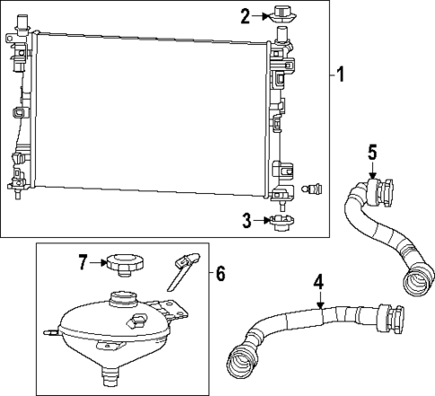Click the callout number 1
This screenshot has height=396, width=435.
click(x=339, y=75)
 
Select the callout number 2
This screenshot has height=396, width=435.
click(x=245, y=14)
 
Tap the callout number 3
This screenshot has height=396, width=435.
click(x=245, y=218)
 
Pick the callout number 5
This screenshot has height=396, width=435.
click(x=372, y=153)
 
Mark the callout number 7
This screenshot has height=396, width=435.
click(x=82, y=263)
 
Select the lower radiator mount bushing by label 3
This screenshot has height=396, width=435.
click(x=279, y=220)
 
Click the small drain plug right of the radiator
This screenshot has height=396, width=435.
click(x=315, y=189)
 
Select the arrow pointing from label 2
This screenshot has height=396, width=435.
click(x=261, y=15)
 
